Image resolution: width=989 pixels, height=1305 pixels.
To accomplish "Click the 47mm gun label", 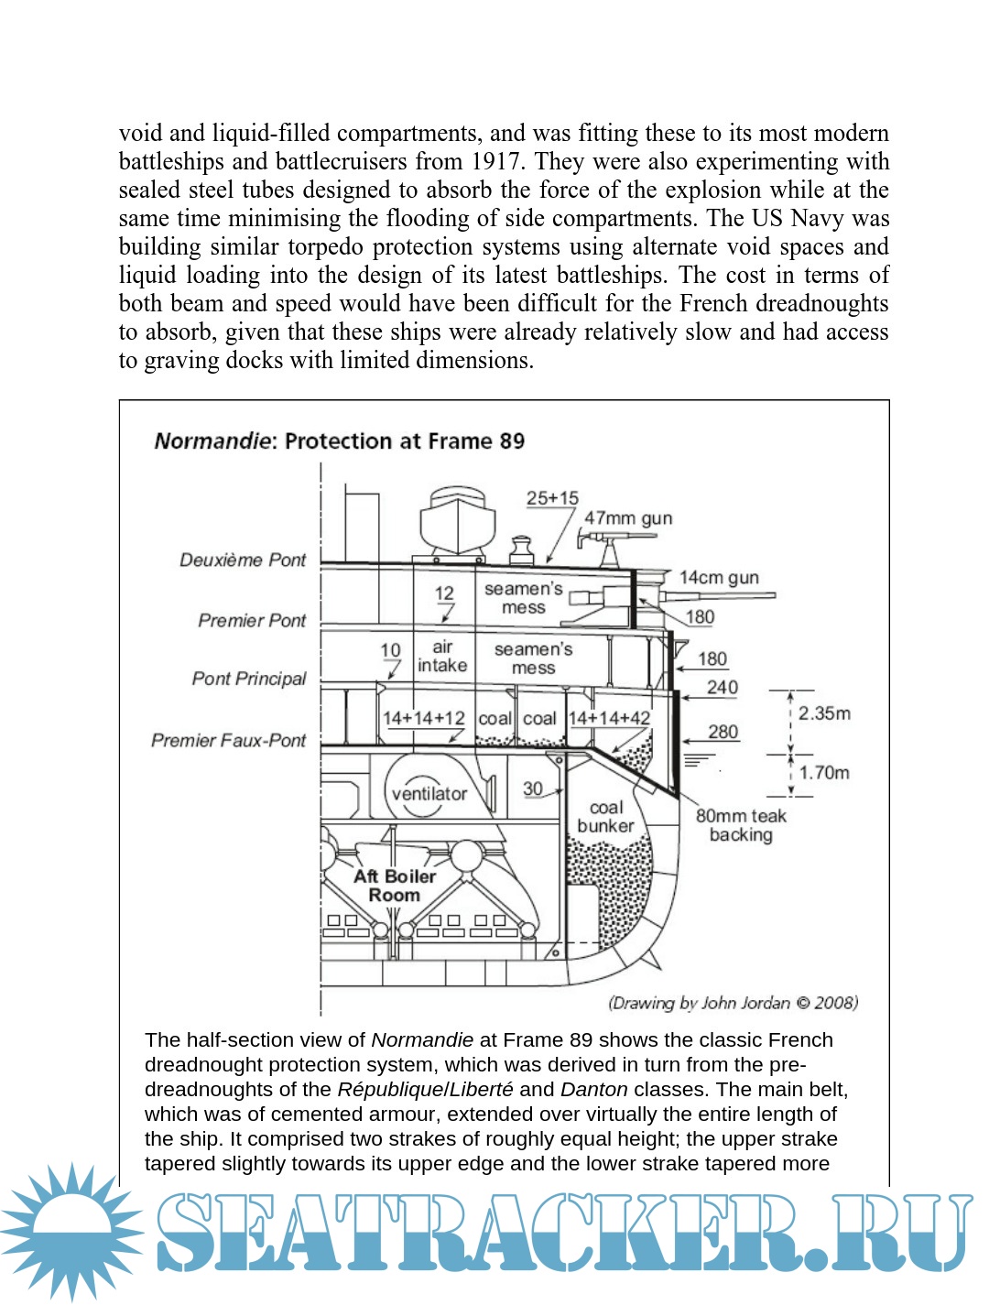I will pyautogui.click(x=628, y=518).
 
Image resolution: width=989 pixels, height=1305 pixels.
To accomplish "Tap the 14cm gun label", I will pyautogui.click(x=719, y=578).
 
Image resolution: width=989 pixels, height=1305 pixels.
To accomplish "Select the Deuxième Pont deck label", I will pyautogui.click(x=243, y=560).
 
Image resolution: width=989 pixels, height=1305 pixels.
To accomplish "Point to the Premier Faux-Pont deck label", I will pyautogui.click(x=229, y=740).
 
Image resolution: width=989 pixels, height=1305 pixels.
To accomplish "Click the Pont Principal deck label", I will pyautogui.click(x=249, y=679).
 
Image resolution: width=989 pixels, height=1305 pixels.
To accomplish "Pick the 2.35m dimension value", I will pyautogui.click(x=824, y=713).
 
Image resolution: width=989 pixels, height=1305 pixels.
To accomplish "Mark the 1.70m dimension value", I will pyautogui.click(x=824, y=773).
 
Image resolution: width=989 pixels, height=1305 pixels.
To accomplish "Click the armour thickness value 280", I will pyautogui.click(x=723, y=732).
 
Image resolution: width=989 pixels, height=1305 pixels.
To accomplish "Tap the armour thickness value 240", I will pyautogui.click(x=723, y=687).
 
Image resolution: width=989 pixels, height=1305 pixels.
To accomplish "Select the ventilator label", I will pyautogui.click(x=429, y=794).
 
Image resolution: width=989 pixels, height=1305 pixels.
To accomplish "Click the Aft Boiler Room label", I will pyautogui.click(x=395, y=886).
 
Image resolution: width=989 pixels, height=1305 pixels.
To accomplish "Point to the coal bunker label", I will pyautogui.click(x=605, y=817).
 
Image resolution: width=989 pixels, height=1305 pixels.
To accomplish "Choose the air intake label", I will pyautogui.click(x=442, y=657).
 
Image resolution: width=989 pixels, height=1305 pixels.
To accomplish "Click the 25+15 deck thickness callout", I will pyautogui.click(x=552, y=498).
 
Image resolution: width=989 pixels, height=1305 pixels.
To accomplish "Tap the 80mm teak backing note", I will pyautogui.click(x=741, y=825).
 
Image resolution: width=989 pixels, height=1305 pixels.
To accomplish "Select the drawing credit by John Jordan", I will pyautogui.click(x=733, y=1003).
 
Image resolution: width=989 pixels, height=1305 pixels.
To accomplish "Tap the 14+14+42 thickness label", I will pyautogui.click(x=609, y=719).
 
